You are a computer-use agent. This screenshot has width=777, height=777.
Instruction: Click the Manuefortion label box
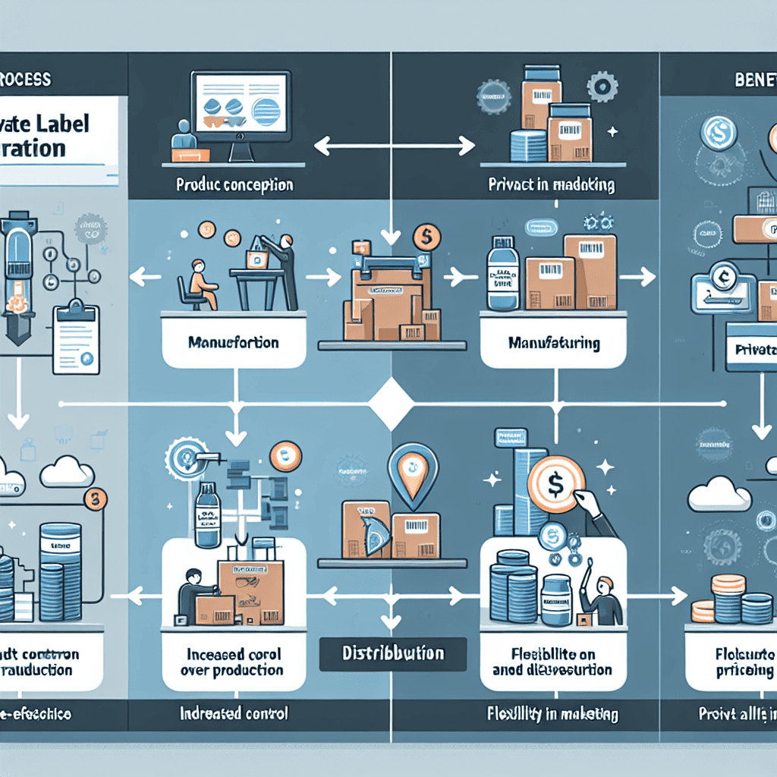point(234,343)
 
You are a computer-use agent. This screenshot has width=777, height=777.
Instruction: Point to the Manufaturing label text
point(554,344)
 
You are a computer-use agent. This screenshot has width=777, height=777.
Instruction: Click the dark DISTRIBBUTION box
point(392,653)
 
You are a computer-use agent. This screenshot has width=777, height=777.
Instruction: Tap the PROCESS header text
point(26,78)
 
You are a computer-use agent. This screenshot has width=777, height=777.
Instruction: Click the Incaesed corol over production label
point(233,662)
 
